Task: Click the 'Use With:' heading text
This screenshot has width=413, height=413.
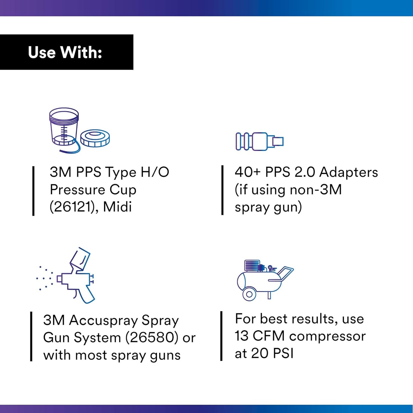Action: (x=65, y=53)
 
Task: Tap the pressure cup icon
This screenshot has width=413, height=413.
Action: (x=64, y=127)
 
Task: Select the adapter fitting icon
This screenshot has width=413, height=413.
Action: (x=259, y=141)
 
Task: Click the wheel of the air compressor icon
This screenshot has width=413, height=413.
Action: (x=249, y=294)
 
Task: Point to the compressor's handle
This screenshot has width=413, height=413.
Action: (x=286, y=273)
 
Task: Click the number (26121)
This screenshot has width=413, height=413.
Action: (x=72, y=207)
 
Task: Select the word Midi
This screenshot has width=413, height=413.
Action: (x=117, y=207)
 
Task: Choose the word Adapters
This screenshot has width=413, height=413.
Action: (x=348, y=172)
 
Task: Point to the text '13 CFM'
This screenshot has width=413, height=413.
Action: (x=260, y=336)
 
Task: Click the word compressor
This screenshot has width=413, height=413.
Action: (x=327, y=336)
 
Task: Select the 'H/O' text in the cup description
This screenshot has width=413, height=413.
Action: (x=155, y=172)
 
